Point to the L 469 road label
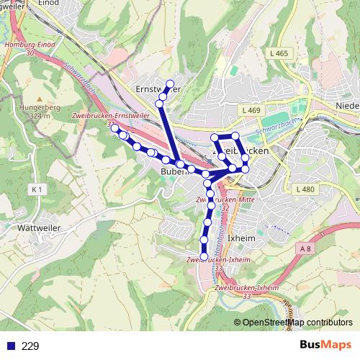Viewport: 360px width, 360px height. click(x=251, y=109)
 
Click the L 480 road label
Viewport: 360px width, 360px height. click(x=305, y=189)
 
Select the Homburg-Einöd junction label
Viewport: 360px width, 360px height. click(x=30, y=49)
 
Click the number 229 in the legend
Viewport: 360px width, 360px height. click(x=31, y=346)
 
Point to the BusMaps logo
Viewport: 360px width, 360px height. click(x=323, y=345)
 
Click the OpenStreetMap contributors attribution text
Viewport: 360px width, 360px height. click(x=297, y=322)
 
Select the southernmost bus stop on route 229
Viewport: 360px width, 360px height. click(x=204, y=256)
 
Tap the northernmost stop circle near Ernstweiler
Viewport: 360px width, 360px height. click(x=171, y=83)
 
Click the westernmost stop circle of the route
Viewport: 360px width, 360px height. click(x=114, y=127)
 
